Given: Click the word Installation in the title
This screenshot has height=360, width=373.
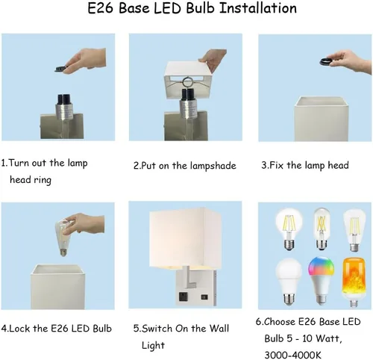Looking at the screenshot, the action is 258,8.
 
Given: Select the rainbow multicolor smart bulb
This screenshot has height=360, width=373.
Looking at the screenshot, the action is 321,281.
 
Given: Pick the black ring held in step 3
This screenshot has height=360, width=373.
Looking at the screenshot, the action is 327,61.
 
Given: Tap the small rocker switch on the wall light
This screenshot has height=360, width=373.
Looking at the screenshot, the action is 204,297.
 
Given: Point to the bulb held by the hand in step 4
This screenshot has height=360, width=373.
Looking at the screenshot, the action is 63,236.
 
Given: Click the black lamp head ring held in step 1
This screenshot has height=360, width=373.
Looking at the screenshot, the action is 62,69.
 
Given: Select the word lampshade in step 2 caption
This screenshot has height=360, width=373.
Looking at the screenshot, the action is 213,166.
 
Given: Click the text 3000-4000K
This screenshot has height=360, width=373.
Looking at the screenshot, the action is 292,355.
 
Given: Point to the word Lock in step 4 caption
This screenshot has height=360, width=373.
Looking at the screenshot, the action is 20,329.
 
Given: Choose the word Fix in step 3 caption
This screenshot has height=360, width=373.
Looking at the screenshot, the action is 276,165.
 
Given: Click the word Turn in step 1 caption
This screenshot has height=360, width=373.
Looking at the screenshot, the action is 19,163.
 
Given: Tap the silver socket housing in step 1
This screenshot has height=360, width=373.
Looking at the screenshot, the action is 64,111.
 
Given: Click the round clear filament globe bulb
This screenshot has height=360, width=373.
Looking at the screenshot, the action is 289,229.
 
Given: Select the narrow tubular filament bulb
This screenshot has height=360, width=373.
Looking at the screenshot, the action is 322,229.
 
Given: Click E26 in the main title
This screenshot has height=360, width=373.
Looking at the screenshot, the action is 101,8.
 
